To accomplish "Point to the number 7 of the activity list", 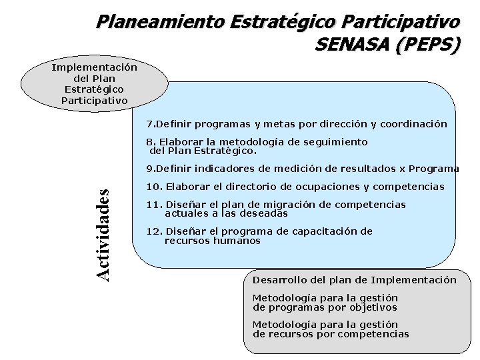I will pos(149,124).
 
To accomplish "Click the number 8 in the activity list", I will pos(150,142).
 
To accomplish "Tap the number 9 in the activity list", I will pos(149,169).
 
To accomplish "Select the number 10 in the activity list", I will pos(152,187).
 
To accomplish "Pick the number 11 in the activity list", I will pos(152,205).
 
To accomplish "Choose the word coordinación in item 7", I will pos(414,124).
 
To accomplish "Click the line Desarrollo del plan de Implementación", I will pos(354,280).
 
